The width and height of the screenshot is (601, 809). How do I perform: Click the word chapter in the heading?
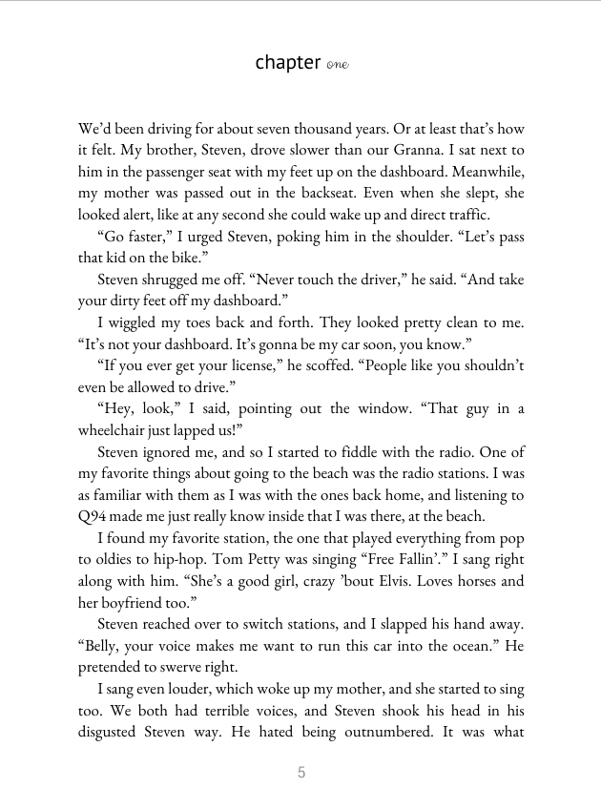coord(287,63)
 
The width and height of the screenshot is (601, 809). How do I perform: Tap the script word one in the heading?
coord(337,65)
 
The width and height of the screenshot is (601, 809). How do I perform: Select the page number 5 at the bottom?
coord(301,773)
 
